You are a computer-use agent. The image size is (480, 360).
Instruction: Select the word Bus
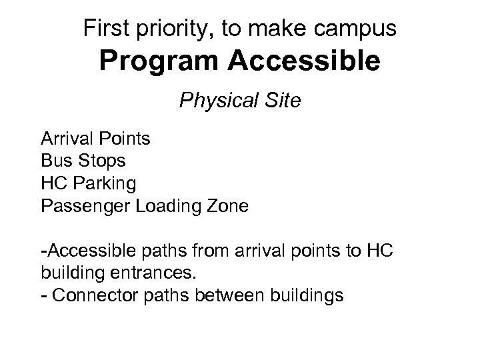click(x=54, y=161)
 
